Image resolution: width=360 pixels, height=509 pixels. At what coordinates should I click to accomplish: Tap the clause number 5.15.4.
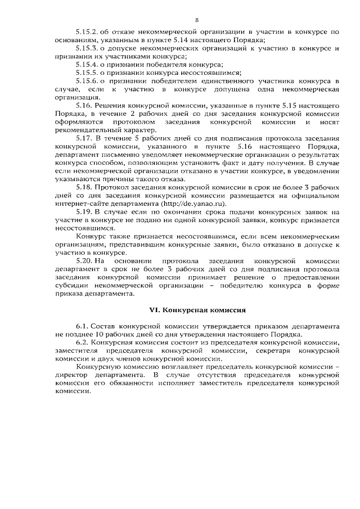[86, 65]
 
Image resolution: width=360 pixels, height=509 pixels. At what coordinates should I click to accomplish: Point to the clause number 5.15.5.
[86, 73]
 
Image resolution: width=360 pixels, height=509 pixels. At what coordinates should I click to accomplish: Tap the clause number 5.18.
[83, 186]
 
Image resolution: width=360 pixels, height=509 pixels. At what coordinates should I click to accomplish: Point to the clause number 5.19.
[83, 211]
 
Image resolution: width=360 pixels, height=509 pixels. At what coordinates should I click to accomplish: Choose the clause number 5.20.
[83, 260]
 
